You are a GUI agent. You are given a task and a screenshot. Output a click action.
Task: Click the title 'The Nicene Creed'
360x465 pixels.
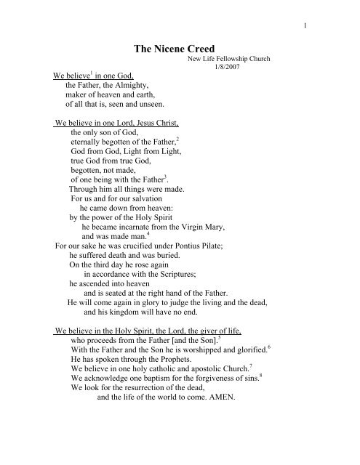click(179, 47)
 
